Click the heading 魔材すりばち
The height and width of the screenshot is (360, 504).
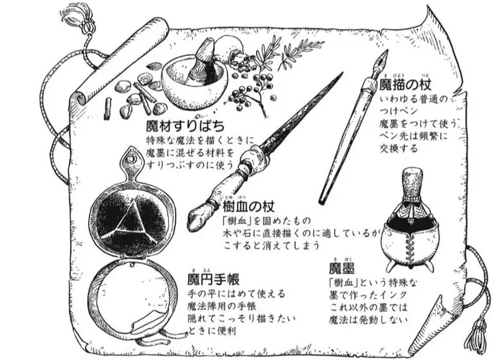coord(185,126)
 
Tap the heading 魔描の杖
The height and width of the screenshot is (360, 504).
coord(405,84)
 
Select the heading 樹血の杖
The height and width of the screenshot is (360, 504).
coord(249,207)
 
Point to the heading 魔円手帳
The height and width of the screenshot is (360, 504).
coord(213,279)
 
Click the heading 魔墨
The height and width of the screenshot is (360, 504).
coord(342,269)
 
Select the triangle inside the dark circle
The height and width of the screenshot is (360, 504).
coord(131,220)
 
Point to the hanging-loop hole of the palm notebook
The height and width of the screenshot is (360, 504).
coord(131,159)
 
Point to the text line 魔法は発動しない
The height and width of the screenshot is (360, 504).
coord(368,319)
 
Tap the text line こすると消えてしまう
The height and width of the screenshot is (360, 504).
coord(272,245)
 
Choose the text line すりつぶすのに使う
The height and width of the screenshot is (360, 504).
coord(189,165)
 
